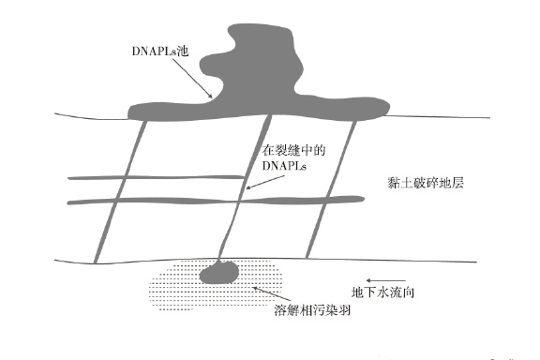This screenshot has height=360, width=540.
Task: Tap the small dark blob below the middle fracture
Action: click(x=220, y=273)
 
